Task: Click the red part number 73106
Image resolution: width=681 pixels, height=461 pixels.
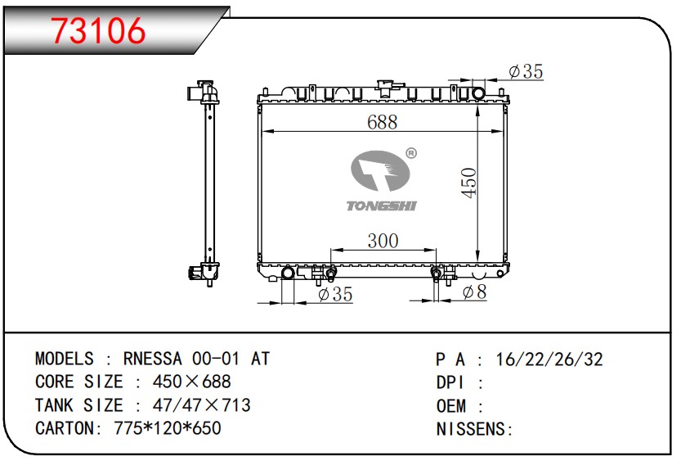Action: [98, 30]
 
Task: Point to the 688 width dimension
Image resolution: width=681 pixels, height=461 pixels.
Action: [383, 122]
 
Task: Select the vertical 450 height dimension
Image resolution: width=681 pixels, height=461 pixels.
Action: [469, 183]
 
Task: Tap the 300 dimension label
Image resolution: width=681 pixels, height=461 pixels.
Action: [383, 241]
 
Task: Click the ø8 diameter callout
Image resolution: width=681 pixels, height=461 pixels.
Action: [475, 292]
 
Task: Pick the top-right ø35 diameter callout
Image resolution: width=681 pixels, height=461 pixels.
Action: [526, 72]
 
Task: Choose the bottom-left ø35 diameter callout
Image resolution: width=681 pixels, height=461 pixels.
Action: [335, 294]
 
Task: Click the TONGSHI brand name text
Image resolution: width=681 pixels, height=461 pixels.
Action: [381, 206]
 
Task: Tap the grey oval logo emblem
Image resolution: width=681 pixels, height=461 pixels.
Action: [380, 171]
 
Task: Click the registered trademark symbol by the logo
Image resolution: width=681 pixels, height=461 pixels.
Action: [411, 153]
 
